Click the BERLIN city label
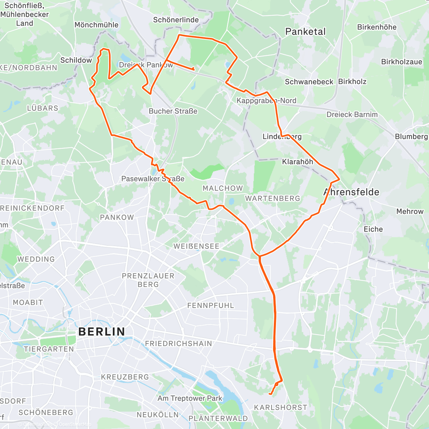[x=102, y=331]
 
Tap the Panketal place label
[x=305, y=31]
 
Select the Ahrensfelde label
[x=351, y=192]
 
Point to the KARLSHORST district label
[x=281, y=407]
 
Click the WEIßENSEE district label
[x=196, y=246]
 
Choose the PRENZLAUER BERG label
[x=148, y=280]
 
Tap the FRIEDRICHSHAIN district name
[x=178, y=344]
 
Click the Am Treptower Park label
[x=190, y=398]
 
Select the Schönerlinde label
[x=176, y=20]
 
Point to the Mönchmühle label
[x=97, y=25]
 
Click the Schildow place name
[x=76, y=60]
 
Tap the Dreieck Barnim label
[x=352, y=114]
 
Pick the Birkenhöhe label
[x=377, y=27]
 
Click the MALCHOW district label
[x=223, y=188]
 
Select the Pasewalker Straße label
[x=153, y=179]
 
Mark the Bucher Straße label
[x=173, y=111]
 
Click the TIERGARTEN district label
[x=49, y=349]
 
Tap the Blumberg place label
[x=411, y=137]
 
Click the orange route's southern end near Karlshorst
[x=270, y=394]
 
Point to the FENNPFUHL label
[x=211, y=306]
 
